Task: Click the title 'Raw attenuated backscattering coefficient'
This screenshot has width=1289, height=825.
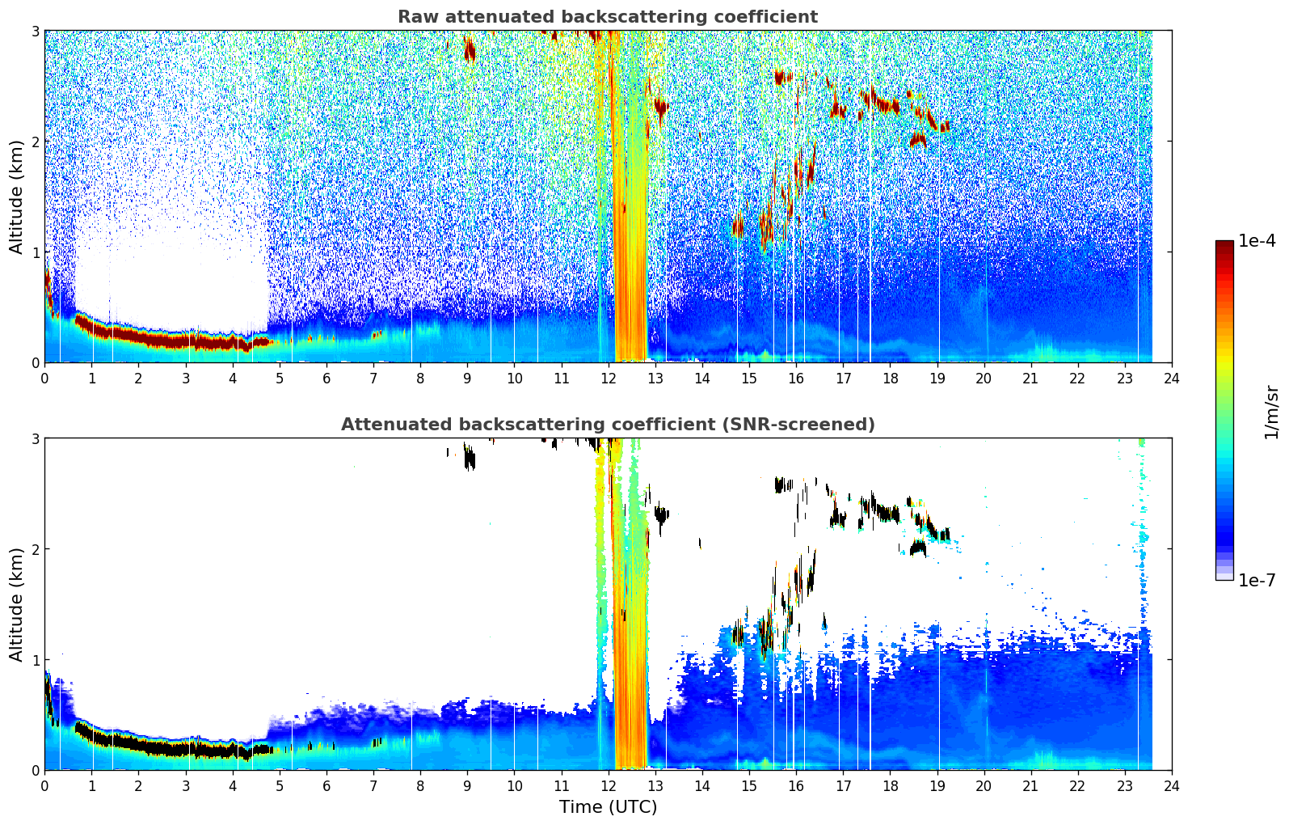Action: coord(608,17)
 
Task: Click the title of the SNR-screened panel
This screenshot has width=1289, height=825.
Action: coord(608,424)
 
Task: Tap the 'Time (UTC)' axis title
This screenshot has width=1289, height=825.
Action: coord(608,806)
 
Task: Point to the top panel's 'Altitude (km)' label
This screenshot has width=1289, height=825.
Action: coord(16,197)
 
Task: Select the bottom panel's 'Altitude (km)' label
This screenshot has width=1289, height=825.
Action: coord(16,604)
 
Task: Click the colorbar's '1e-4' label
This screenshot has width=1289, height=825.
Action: coord(1257,241)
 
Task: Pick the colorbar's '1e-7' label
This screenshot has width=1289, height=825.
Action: coord(1257,580)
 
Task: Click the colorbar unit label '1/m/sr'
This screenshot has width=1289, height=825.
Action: coord(1272,412)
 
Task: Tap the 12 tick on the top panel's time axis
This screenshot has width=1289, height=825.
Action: coord(609,379)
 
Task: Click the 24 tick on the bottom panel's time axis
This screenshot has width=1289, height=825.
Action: coord(1172,786)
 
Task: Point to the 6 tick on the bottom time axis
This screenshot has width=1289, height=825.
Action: coord(326,786)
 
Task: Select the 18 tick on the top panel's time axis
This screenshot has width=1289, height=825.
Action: coord(891,379)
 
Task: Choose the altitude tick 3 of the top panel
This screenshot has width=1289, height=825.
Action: coord(35,31)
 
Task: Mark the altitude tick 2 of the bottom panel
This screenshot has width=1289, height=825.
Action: coord(35,549)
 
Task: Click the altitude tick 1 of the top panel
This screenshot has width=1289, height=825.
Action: coord(35,252)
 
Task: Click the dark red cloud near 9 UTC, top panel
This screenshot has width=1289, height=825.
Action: coord(470,49)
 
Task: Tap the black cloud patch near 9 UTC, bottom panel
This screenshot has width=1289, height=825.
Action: coord(470,458)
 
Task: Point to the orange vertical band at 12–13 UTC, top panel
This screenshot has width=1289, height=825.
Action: coord(630,196)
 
